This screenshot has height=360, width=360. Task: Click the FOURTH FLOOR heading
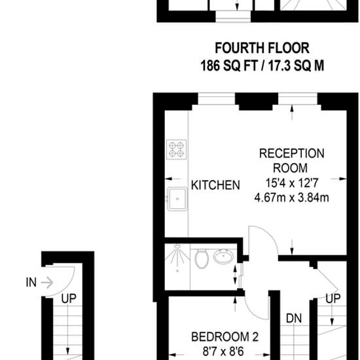(262, 48)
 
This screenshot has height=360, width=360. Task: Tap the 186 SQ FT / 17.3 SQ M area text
(262, 65)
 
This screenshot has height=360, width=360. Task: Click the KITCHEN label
(215, 185)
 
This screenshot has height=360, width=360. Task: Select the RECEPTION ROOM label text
(291, 161)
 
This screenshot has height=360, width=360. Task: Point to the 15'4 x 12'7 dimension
(292, 183)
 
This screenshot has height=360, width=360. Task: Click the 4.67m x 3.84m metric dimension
(291, 198)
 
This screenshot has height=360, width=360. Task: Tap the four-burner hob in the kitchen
(177, 149)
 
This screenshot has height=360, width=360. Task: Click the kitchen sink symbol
(177, 199)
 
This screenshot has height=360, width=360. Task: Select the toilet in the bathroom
(202, 259)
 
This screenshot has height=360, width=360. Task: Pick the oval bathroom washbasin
(223, 257)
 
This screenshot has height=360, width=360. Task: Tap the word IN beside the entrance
(31, 282)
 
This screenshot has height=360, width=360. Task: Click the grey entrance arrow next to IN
(47, 282)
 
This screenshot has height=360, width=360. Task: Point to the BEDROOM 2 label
(225, 337)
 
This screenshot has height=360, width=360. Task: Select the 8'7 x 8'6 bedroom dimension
(223, 351)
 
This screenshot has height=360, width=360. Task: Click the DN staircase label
(294, 319)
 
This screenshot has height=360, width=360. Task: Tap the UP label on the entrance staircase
(69, 298)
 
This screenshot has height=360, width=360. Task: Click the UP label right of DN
(333, 298)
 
